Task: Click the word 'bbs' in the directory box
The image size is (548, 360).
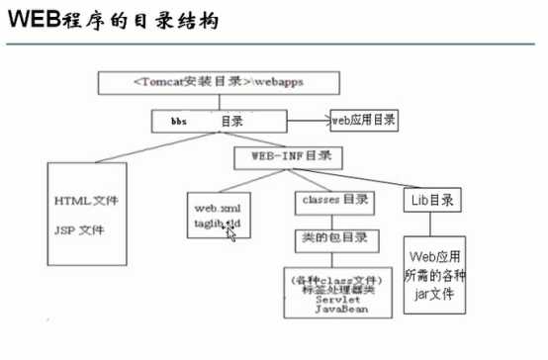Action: (x=178, y=120)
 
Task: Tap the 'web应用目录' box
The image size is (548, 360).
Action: (x=364, y=120)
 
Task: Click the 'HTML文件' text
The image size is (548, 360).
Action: (x=86, y=201)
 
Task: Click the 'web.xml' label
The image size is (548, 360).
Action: (x=218, y=209)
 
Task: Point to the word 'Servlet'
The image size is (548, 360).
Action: (x=332, y=299)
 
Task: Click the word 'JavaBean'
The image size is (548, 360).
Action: (x=334, y=309)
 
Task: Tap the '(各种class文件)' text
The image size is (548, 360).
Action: (x=333, y=279)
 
